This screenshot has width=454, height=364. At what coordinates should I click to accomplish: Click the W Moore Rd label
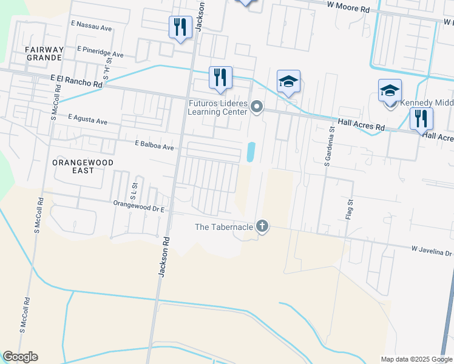(x=348, y=10)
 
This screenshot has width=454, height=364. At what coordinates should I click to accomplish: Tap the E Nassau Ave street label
(x=91, y=28)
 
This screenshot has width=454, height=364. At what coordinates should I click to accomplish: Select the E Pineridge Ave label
(x=100, y=54)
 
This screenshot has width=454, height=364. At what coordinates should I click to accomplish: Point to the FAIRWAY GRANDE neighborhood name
(x=44, y=53)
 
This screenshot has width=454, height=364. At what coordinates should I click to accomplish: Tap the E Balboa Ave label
(x=154, y=147)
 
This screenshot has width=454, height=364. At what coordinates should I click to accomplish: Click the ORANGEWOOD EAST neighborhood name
(x=81, y=167)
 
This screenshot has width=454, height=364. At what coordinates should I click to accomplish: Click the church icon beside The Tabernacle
(x=262, y=227)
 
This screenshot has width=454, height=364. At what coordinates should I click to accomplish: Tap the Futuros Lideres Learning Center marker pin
(x=257, y=107)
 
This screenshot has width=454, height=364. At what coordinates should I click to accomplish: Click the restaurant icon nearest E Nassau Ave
(x=180, y=27)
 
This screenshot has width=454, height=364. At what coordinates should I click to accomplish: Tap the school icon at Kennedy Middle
(x=390, y=91)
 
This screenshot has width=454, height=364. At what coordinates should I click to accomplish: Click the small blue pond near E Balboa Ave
(x=251, y=152)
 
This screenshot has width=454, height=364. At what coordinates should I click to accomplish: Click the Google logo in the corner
(x=20, y=357)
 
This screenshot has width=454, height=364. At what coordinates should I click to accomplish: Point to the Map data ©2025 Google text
(x=417, y=359)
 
